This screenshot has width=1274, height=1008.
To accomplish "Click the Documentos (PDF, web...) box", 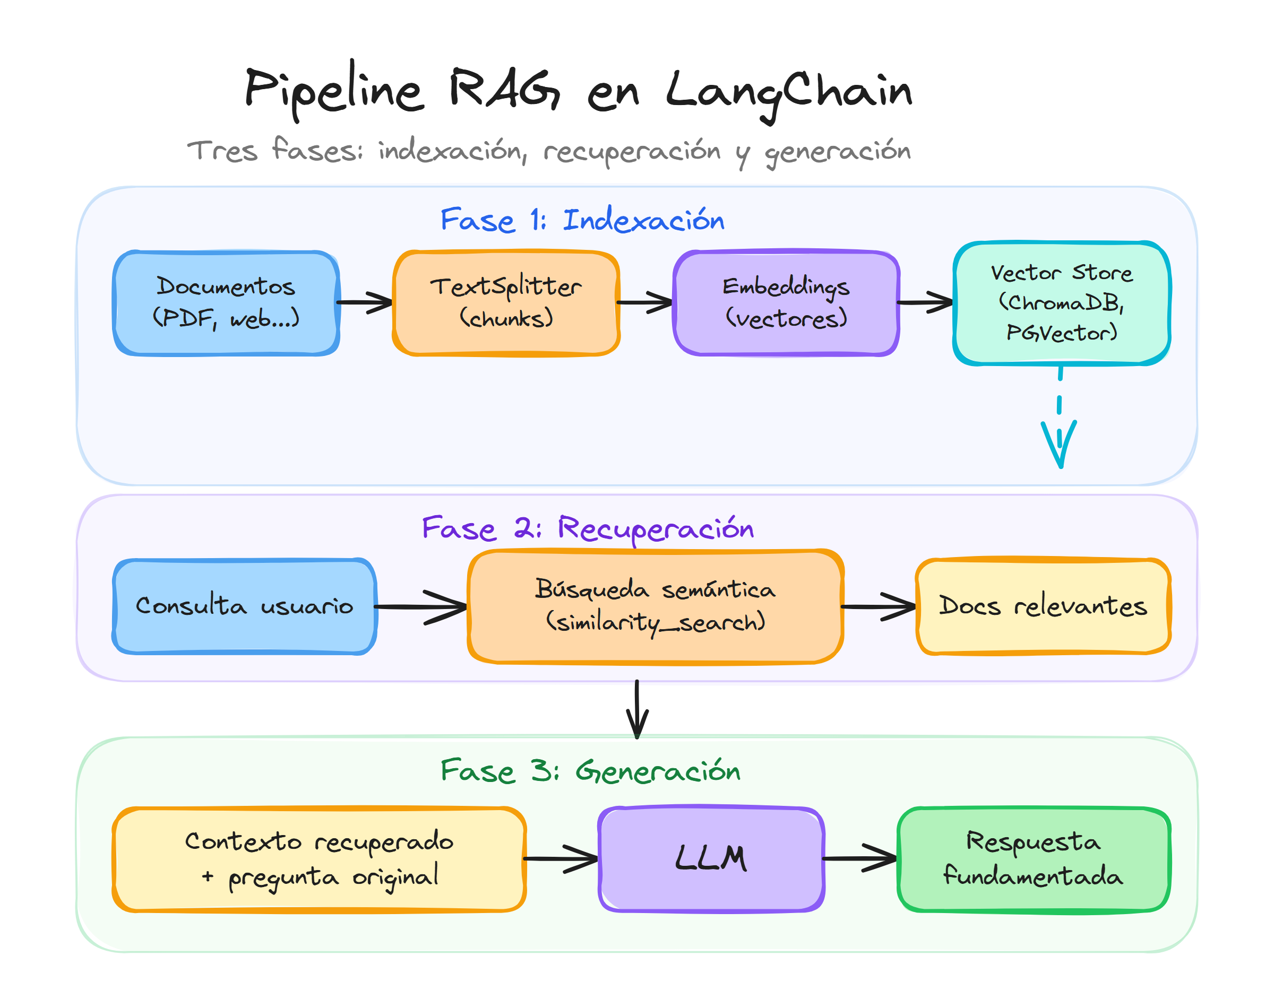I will (226, 303).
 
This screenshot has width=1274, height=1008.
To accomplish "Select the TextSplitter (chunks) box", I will (506, 303).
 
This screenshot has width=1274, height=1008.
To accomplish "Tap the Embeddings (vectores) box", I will (786, 303).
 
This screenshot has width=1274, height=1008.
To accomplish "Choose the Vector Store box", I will (1061, 303).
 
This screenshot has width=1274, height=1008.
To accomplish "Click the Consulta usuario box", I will (244, 606).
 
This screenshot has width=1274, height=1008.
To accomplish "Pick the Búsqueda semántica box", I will (655, 606).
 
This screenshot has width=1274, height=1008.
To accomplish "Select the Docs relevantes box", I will (1043, 606).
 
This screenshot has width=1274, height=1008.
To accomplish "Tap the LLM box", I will (711, 859).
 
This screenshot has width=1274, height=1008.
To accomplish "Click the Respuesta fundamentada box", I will (1033, 859).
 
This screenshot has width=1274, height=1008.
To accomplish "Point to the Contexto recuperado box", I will (319, 859).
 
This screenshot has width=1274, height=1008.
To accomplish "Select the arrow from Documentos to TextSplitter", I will (365, 302).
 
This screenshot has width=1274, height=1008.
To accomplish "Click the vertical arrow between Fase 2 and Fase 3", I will (637, 708).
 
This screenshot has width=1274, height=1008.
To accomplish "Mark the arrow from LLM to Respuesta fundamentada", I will (859, 859).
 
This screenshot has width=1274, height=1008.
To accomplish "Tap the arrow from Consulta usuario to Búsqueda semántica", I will (420, 606).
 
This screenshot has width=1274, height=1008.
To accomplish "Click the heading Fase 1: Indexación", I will (582, 220).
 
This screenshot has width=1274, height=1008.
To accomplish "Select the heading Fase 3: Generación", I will (590, 771).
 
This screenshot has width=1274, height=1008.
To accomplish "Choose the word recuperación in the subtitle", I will (632, 152).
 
